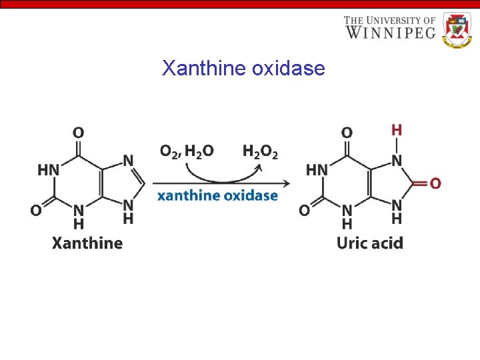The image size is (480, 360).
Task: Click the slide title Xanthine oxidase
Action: pyautogui.click(x=243, y=68)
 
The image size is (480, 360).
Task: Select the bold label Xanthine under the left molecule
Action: pyautogui.click(x=87, y=243)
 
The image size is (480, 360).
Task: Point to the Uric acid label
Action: pyautogui.click(x=370, y=243)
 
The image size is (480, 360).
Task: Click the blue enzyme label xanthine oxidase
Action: pyautogui.click(x=217, y=196)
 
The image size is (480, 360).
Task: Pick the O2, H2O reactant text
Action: pyautogui.click(x=187, y=151)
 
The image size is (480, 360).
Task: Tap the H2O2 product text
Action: pyautogui.click(x=260, y=152)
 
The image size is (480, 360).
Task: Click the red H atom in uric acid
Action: pyautogui.click(x=397, y=129)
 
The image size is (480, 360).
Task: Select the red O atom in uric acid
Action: pyautogui.click(x=435, y=183)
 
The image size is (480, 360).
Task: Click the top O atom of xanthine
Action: pyautogui.click(x=78, y=133)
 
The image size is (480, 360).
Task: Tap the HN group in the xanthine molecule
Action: pyautogui.click(x=48, y=170)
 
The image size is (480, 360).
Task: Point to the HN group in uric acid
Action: pyautogui.click(x=317, y=170)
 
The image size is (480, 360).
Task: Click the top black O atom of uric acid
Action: pyautogui.click(x=347, y=133)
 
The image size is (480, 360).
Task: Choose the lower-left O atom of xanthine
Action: pyautogui.click(x=36, y=210)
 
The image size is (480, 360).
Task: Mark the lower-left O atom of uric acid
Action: pyautogui.click(x=304, y=210)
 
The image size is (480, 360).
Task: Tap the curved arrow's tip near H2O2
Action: pyautogui.click(x=259, y=166)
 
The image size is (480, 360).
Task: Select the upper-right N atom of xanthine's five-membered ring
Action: pyautogui.click(x=128, y=161)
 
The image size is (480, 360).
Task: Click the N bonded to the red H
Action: pyautogui.click(x=397, y=161)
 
